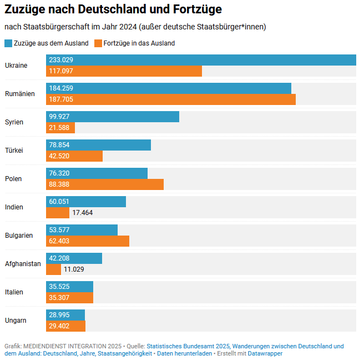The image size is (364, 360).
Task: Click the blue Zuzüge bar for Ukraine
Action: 222,60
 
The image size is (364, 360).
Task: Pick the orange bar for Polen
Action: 111,184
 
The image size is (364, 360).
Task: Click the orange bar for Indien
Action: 58,212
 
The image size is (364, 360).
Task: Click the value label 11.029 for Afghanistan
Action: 74,269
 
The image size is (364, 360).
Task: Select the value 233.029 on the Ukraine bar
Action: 61,60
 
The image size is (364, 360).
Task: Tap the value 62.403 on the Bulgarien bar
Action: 61,241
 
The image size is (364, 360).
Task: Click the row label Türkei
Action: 14,151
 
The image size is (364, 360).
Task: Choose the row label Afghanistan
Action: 23,263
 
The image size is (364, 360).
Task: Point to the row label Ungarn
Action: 16,320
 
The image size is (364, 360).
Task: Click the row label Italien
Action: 14,292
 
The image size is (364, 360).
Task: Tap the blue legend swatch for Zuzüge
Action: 8,43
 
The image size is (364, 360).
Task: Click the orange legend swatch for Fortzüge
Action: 98,43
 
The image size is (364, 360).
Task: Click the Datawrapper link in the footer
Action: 265,353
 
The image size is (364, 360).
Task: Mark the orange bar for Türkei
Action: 74,156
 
